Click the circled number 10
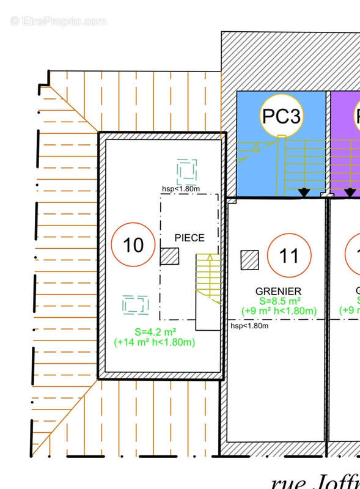tap(133, 245)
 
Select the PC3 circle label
tap(281, 115)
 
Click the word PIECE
tap(189, 238)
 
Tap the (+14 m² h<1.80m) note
tap(154, 342)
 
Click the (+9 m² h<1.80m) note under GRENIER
tap(279, 312)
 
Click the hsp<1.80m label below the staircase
tap(250, 326)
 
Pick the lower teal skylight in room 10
tap(135, 304)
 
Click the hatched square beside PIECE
tap(169, 256)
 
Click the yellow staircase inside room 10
tap(208, 278)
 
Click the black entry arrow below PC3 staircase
tap(304, 193)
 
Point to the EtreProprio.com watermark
tap(58, 21)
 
